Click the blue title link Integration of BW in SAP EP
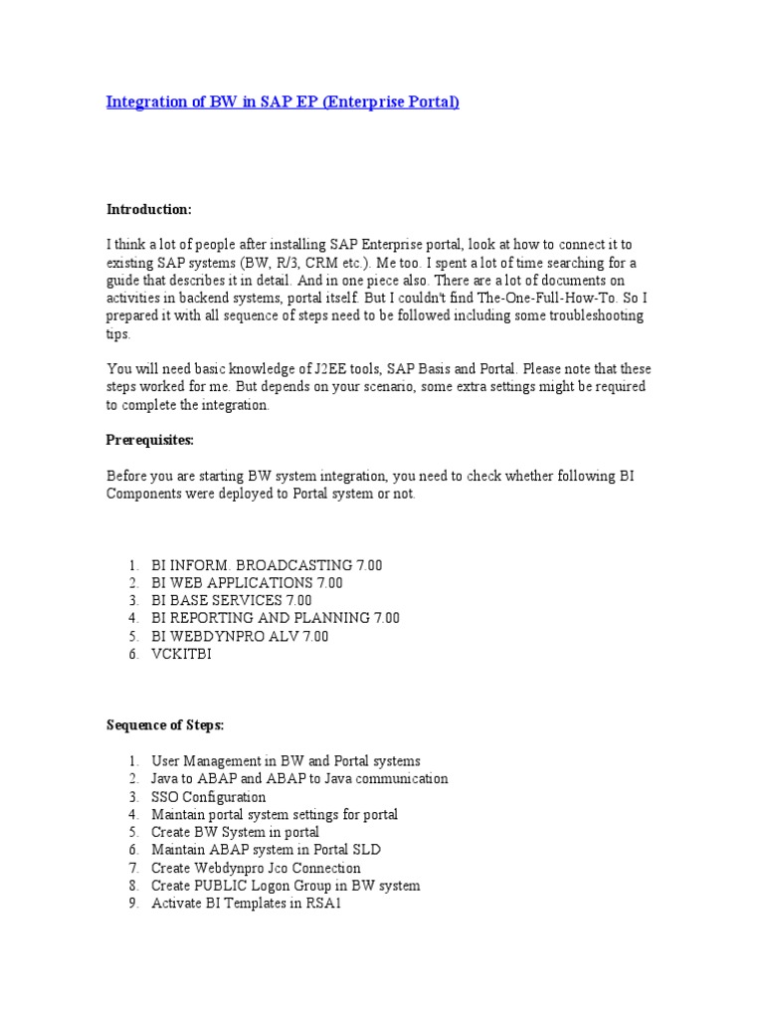(283, 102)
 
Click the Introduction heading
(148, 209)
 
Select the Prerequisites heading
(150, 440)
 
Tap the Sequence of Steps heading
(165, 725)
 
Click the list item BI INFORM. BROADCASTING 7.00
(267, 565)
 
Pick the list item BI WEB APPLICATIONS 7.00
(247, 583)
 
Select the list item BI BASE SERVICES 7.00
(231, 601)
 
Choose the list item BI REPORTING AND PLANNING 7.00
(276, 618)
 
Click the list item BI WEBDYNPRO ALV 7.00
(240, 636)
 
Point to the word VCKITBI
(181, 654)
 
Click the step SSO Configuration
(209, 797)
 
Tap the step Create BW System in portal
(235, 832)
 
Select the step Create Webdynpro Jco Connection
(256, 868)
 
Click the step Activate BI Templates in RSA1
(246, 904)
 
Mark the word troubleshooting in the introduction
(595, 315)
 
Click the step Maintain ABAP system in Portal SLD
(266, 850)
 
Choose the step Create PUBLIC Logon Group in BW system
(286, 886)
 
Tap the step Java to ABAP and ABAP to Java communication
(299, 779)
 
